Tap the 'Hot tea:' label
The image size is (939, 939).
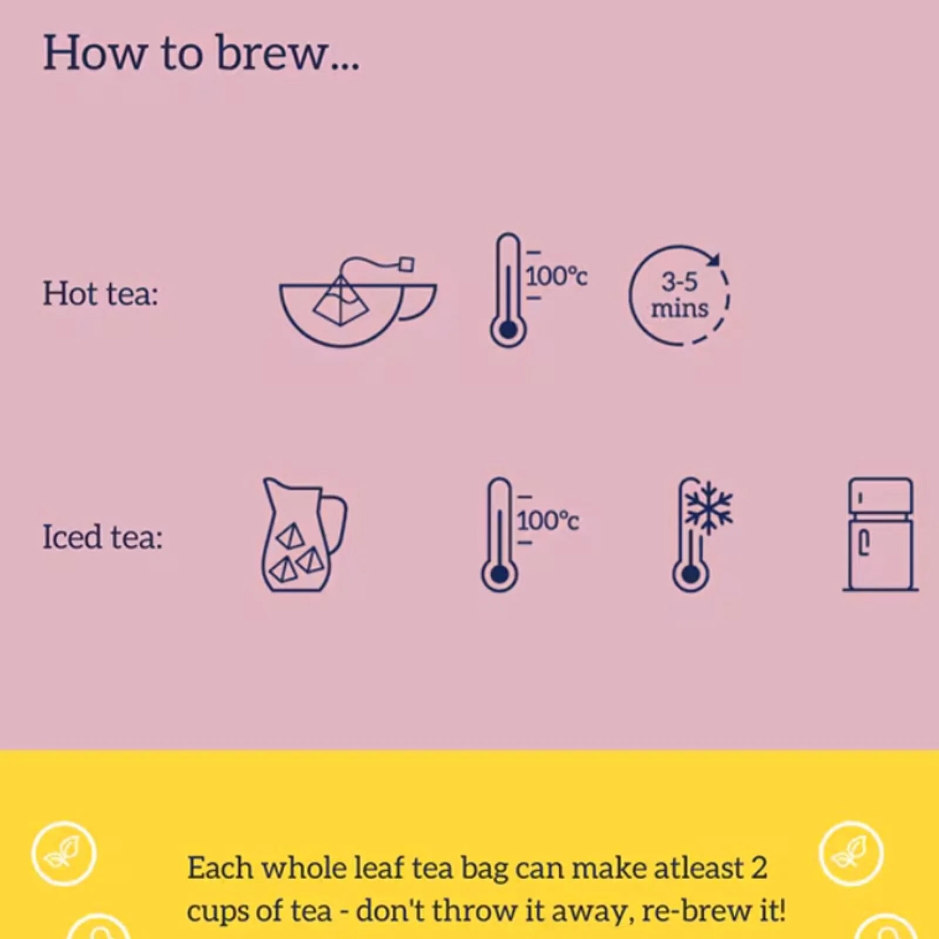[x=100, y=293]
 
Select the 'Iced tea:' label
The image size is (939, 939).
[x=102, y=536]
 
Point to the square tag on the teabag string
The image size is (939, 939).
[x=406, y=265]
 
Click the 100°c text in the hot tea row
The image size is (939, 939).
[x=556, y=276]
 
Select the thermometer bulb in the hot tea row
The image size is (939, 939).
[x=508, y=330]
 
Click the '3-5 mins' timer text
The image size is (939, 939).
[x=680, y=295]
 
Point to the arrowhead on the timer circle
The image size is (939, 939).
[x=715, y=259]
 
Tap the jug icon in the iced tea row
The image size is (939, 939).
[x=303, y=535]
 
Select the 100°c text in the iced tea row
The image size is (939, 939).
[x=548, y=521]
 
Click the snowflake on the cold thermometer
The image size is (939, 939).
[x=710, y=508]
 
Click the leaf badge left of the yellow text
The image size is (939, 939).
[x=64, y=853]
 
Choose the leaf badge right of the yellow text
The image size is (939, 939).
[x=851, y=853]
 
